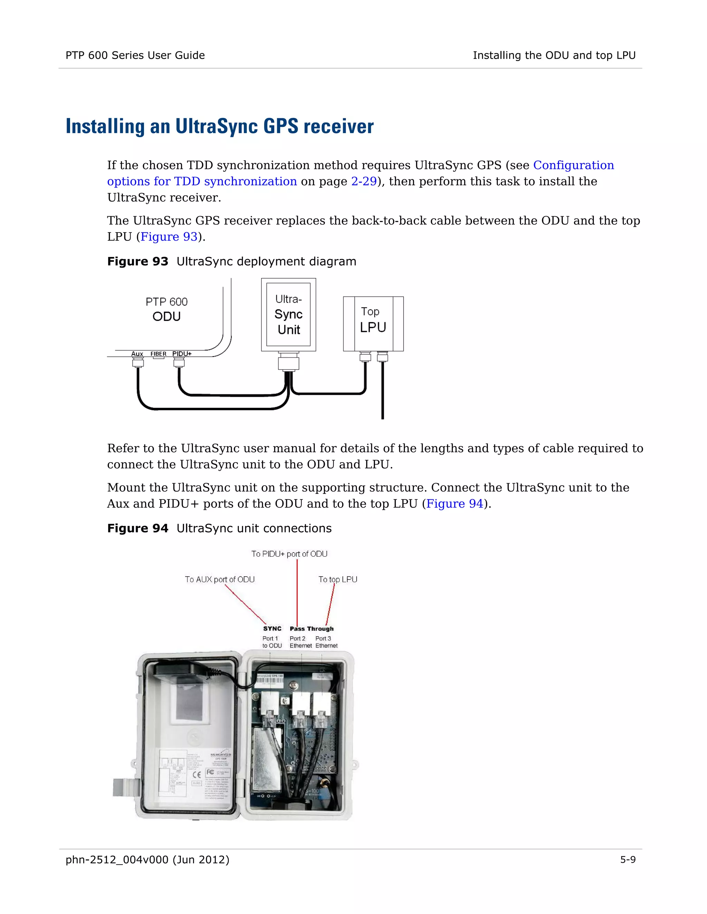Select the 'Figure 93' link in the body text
[169, 237]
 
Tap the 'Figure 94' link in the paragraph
[454, 504]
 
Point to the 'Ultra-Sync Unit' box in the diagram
[288, 314]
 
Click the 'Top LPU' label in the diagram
[372, 320]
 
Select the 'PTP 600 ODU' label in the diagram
[166, 309]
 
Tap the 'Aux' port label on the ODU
[137, 354]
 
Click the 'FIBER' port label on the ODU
[158, 354]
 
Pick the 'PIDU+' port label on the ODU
[182, 354]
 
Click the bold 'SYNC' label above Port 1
[272, 628]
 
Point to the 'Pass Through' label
[312, 628]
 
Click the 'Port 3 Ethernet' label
[326, 642]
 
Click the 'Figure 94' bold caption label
[137, 528]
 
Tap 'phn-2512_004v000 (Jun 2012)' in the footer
[147, 859]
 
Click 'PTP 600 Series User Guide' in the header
[135, 55]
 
